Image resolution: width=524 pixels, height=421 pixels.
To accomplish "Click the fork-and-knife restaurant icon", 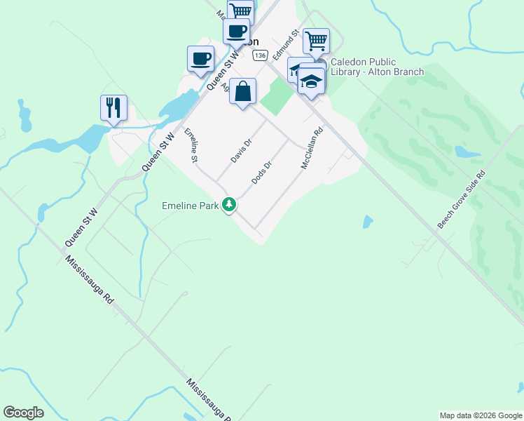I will (113, 107).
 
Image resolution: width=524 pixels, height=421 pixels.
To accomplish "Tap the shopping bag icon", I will (242, 91).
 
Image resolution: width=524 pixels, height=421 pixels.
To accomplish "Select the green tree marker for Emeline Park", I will (228, 205).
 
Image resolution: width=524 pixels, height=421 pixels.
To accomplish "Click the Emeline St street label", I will (191, 146).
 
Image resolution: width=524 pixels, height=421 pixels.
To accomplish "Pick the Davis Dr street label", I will (241, 149).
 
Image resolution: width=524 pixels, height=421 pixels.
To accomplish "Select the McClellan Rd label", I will (312, 147).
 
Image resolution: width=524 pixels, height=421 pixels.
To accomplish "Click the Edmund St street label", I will (287, 44).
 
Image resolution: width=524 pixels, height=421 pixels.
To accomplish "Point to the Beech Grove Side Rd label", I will (461, 199).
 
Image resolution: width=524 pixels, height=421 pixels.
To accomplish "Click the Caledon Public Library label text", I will (377, 67).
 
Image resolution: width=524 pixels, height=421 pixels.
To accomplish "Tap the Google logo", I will (23, 413).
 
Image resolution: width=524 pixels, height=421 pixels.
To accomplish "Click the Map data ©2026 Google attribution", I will (480, 415).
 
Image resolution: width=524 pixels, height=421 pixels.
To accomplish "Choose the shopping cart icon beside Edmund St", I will (317, 41).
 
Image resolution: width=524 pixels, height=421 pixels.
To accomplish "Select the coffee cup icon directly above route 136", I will (236, 32).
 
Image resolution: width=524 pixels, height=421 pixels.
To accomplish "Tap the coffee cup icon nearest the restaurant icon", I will (200, 58).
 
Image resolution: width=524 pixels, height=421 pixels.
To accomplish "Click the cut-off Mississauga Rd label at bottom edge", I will (208, 400).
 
